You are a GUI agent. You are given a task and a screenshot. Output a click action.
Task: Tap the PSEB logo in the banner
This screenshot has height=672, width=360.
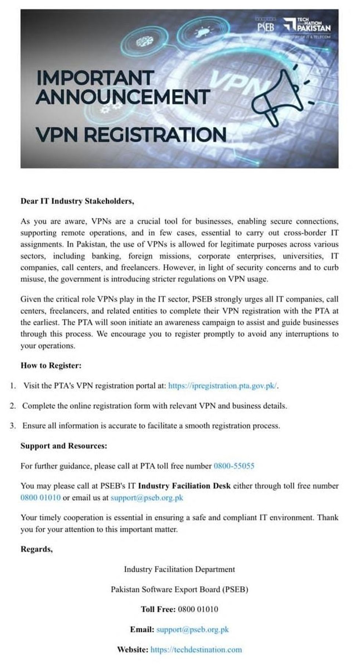265,26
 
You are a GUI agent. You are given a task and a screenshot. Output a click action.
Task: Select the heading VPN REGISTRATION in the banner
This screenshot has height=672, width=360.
131,134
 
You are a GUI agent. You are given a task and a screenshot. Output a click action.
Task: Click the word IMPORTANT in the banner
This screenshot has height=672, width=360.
95,78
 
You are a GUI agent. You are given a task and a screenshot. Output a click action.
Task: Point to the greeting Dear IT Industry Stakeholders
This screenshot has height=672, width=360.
77,201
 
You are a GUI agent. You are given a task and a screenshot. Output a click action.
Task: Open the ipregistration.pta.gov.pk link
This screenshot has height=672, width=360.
223,386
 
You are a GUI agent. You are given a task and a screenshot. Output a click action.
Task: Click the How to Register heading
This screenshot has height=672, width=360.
51,365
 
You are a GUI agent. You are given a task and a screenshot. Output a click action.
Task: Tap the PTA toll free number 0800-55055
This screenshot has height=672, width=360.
234,466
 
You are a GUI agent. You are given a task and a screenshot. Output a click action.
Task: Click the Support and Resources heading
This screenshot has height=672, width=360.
64,446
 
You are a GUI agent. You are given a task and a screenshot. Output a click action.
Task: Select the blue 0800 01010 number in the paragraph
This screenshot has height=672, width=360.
40,498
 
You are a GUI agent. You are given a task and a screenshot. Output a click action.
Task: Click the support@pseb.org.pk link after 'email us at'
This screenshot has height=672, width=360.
147,498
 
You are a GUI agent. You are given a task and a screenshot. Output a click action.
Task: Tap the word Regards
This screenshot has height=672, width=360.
36,549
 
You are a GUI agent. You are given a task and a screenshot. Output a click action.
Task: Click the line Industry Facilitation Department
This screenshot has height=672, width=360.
179,569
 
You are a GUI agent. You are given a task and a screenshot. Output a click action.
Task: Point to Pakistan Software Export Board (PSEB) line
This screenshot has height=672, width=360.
179,589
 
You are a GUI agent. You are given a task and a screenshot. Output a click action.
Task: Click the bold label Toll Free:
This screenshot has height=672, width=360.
158,609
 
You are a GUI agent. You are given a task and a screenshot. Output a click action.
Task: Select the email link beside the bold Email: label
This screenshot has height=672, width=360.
192,629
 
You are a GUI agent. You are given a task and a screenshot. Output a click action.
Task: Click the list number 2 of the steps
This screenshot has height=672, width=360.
13,406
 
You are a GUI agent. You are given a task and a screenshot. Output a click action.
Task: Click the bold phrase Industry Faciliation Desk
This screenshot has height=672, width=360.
184,486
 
